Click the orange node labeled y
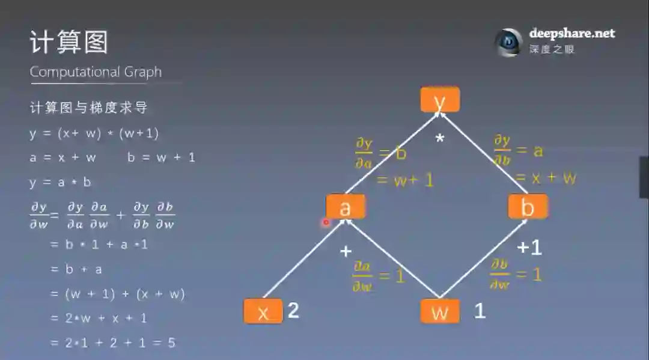(440, 100)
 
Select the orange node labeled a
(346, 207)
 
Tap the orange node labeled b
(528, 207)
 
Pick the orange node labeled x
(263, 311)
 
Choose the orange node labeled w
(440, 311)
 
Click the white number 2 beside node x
(293, 310)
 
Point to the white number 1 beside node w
(480, 311)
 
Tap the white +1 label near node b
(529, 247)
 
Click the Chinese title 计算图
(69, 43)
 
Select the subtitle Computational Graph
(96, 72)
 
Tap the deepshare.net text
(572, 34)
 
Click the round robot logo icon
(508, 42)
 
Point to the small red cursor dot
(326, 222)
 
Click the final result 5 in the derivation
(172, 343)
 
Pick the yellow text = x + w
(546, 178)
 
